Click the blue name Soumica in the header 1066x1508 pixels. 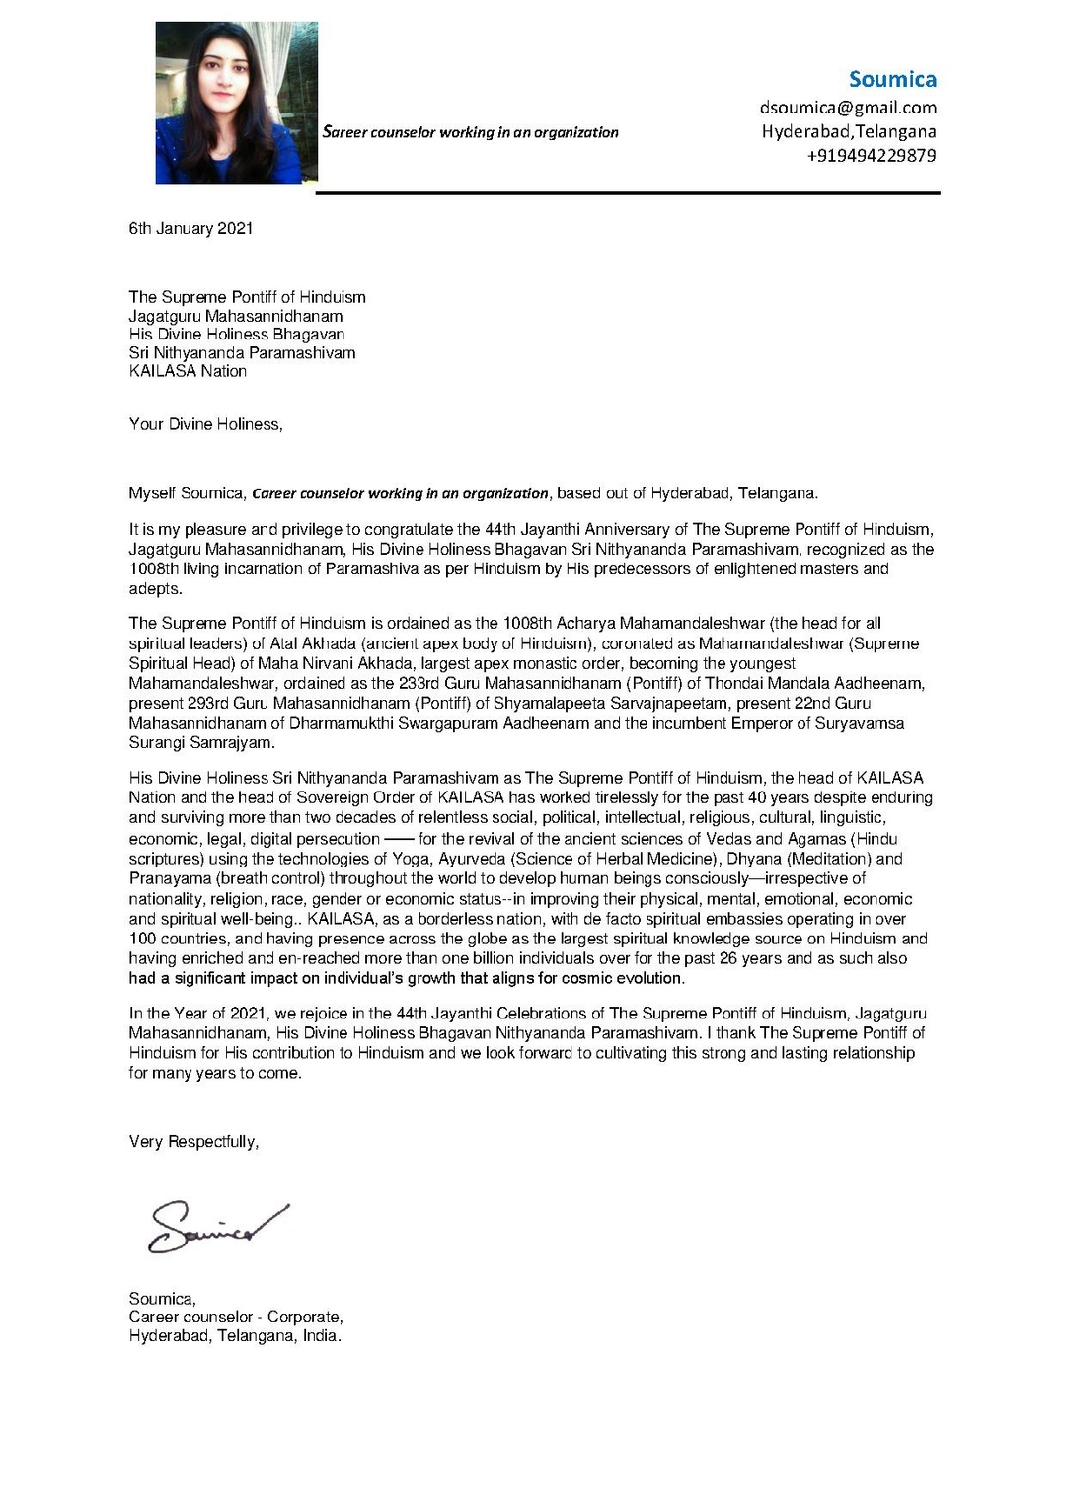(892, 79)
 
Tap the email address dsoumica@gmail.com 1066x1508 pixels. (848, 108)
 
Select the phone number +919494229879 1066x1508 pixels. (872, 155)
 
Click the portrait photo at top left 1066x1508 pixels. (237, 103)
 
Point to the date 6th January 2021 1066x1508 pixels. (190, 228)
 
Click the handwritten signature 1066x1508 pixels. (217, 1227)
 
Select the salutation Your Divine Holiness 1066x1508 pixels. (205, 424)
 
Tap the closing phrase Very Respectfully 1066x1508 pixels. (193, 1142)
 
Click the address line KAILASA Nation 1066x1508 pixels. (188, 371)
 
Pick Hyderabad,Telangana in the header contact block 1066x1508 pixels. (849, 131)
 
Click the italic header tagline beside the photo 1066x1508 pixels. (471, 132)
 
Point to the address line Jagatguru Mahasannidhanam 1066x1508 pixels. (236, 316)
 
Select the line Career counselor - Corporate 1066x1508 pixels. (236, 1317)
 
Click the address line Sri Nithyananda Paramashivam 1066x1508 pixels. (242, 352)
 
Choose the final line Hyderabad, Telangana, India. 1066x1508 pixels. (235, 1335)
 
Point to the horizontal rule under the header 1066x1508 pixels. (628, 193)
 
